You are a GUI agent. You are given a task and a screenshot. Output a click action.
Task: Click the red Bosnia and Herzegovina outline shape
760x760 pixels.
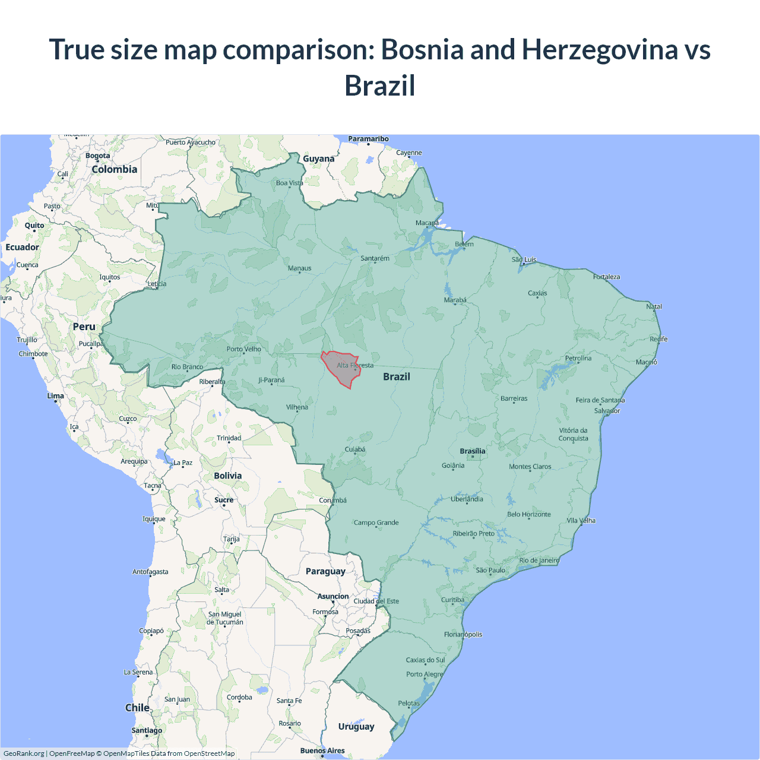pos(341,369)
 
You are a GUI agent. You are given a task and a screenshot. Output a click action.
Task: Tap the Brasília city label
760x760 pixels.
pos(472,451)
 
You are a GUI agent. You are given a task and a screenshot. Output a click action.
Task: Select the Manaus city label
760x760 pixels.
pos(299,268)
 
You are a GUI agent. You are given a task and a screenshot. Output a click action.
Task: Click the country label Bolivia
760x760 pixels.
pos(228,476)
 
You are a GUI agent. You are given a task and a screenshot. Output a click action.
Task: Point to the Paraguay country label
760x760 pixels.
pos(325,571)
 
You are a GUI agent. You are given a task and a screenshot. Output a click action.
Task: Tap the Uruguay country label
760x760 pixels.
pos(356,726)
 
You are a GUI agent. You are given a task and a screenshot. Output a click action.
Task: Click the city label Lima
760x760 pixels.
pos(56,395)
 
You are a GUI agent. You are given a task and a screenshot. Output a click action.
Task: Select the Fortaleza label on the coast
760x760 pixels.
pos(606,277)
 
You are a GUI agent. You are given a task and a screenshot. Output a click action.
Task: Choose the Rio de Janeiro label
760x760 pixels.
pos(539,560)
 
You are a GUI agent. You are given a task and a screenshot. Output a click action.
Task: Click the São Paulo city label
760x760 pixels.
pos(490,570)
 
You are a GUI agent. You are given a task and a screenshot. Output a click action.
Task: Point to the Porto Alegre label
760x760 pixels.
pos(425,674)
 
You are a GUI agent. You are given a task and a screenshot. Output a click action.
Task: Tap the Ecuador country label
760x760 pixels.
pos(23,247)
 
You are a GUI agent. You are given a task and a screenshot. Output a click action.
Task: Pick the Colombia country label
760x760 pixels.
pos(115,169)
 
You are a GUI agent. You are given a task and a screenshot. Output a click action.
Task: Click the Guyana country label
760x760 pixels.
pos(319,159)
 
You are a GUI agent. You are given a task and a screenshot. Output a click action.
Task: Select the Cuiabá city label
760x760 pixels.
pos(355,449)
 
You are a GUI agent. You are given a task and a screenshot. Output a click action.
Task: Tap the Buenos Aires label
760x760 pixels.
pos(322,750)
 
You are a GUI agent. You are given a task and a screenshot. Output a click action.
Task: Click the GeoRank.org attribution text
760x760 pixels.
pos(24,753)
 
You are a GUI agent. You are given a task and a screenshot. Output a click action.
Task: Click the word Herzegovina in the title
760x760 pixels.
pos(600,50)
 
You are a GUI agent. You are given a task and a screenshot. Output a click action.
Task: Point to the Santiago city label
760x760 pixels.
pos(147,730)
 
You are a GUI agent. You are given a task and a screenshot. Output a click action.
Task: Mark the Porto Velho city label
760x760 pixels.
pos(243,349)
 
